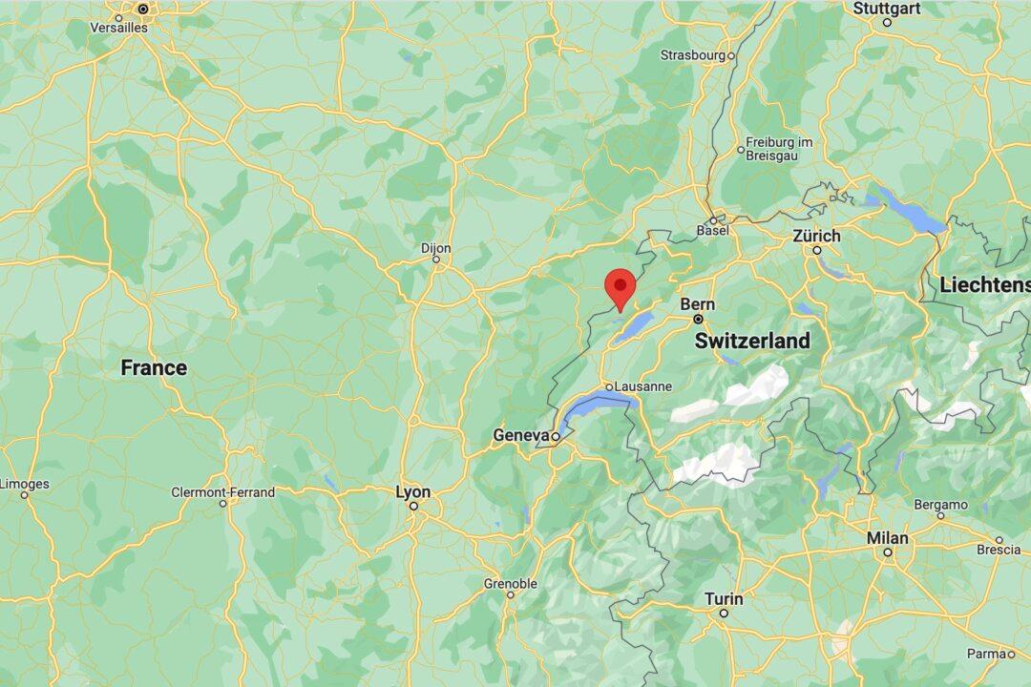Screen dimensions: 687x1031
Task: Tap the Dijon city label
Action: (x=435, y=247)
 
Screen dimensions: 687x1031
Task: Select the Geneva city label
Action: (x=520, y=435)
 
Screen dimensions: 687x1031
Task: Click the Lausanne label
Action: (x=644, y=386)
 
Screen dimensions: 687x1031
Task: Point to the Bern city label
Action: (x=698, y=304)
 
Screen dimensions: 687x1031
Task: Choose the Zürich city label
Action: (x=816, y=236)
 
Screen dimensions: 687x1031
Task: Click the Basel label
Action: (x=713, y=230)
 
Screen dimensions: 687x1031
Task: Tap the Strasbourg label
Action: (x=691, y=55)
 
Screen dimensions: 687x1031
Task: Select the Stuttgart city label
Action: (x=886, y=9)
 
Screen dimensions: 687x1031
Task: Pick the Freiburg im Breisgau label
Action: (x=779, y=149)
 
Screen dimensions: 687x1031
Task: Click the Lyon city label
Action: (x=413, y=491)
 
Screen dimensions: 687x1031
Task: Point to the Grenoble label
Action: (x=511, y=583)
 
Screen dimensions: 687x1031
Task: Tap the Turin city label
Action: (x=723, y=598)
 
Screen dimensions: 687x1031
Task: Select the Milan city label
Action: (x=887, y=538)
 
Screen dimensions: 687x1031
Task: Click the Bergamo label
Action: (x=940, y=504)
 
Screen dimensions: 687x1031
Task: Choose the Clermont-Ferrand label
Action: (x=222, y=492)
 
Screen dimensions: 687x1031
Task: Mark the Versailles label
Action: (x=119, y=28)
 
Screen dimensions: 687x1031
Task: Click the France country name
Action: (x=154, y=367)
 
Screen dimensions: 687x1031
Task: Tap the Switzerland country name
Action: (x=752, y=341)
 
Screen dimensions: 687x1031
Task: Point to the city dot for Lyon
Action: (x=413, y=506)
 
